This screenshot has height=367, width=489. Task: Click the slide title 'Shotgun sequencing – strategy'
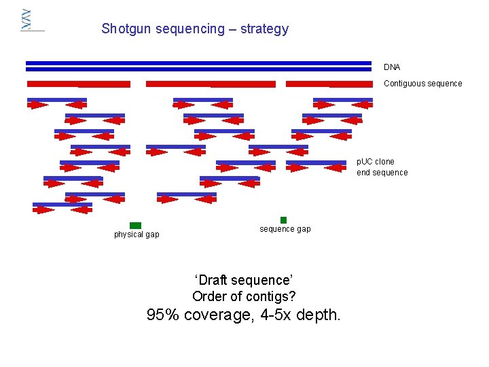(195, 29)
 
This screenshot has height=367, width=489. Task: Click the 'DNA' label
(392, 67)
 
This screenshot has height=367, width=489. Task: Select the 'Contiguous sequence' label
(422, 84)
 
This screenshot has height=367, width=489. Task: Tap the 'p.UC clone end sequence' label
(382, 167)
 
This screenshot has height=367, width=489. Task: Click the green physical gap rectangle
(135, 226)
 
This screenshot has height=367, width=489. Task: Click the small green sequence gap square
(283, 220)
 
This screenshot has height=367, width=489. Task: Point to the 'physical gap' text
(137, 234)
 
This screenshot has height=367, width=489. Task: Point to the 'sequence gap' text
(285, 229)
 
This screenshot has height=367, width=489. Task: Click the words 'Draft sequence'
(244, 280)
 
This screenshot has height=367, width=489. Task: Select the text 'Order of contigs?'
(244, 296)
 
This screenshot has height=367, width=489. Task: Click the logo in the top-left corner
(27, 20)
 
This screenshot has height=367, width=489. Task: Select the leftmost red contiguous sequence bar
(78, 84)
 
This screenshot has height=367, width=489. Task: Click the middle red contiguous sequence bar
(211, 84)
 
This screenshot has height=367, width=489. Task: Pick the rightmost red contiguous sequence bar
(329, 84)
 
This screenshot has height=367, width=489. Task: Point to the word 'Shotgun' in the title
(124, 29)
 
